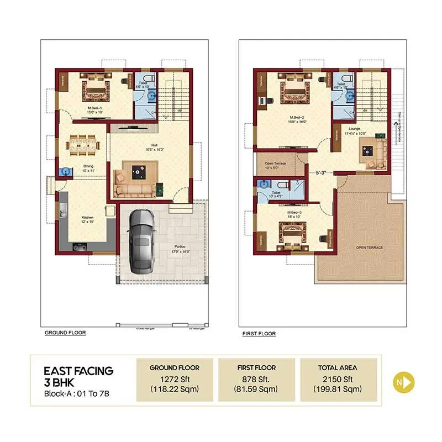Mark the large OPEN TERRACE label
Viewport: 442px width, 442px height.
(369, 247)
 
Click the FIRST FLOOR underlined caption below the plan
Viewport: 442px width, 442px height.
(259, 334)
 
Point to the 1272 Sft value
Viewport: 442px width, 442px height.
(174, 379)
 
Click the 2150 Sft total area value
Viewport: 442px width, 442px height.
(338, 379)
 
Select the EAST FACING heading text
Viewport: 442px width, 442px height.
(78, 370)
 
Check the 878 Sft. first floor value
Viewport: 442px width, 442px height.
(256, 379)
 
